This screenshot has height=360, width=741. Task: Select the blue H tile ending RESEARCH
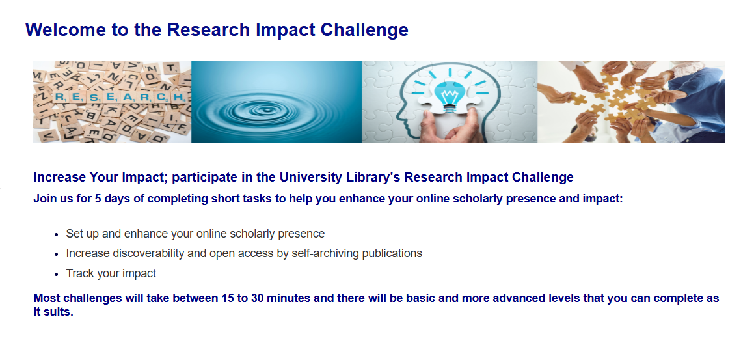pos(180,97)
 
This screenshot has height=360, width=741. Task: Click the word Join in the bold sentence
pos(45,199)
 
